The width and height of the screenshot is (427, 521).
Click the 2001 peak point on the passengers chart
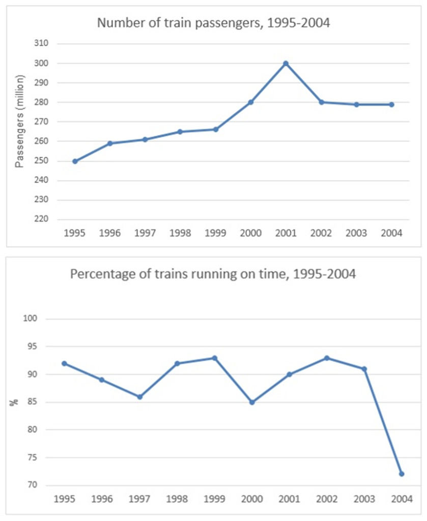(286, 64)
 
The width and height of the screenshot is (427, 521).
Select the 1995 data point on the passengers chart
(75, 161)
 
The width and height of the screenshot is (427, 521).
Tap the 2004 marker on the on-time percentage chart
(402, 474)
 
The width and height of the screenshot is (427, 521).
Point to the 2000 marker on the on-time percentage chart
(252, 402)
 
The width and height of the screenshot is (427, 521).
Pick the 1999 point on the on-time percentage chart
(215, 358)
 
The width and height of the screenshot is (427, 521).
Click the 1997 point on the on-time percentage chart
(140, 397)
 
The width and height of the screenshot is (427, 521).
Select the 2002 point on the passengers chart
(322, 102)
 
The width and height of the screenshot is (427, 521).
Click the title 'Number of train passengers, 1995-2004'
(213, 23)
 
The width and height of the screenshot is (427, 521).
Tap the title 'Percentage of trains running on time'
(213, 274)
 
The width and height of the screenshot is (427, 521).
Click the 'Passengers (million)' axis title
(19, 122)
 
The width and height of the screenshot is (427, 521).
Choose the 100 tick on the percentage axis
(39, 319)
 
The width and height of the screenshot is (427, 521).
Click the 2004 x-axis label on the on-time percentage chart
(402, 499)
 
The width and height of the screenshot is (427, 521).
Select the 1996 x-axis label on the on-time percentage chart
(102, 499)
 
